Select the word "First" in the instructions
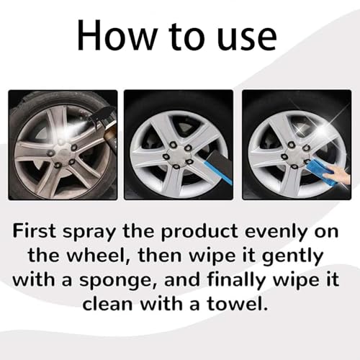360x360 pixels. [x=34, y=230]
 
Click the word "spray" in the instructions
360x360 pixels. [x=89, y=233]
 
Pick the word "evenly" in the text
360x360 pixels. [x=276, y=233]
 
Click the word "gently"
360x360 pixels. [x=292, y=256]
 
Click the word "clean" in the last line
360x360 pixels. [x=108, y=304]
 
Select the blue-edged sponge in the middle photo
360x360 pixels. [x=217, y=168]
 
